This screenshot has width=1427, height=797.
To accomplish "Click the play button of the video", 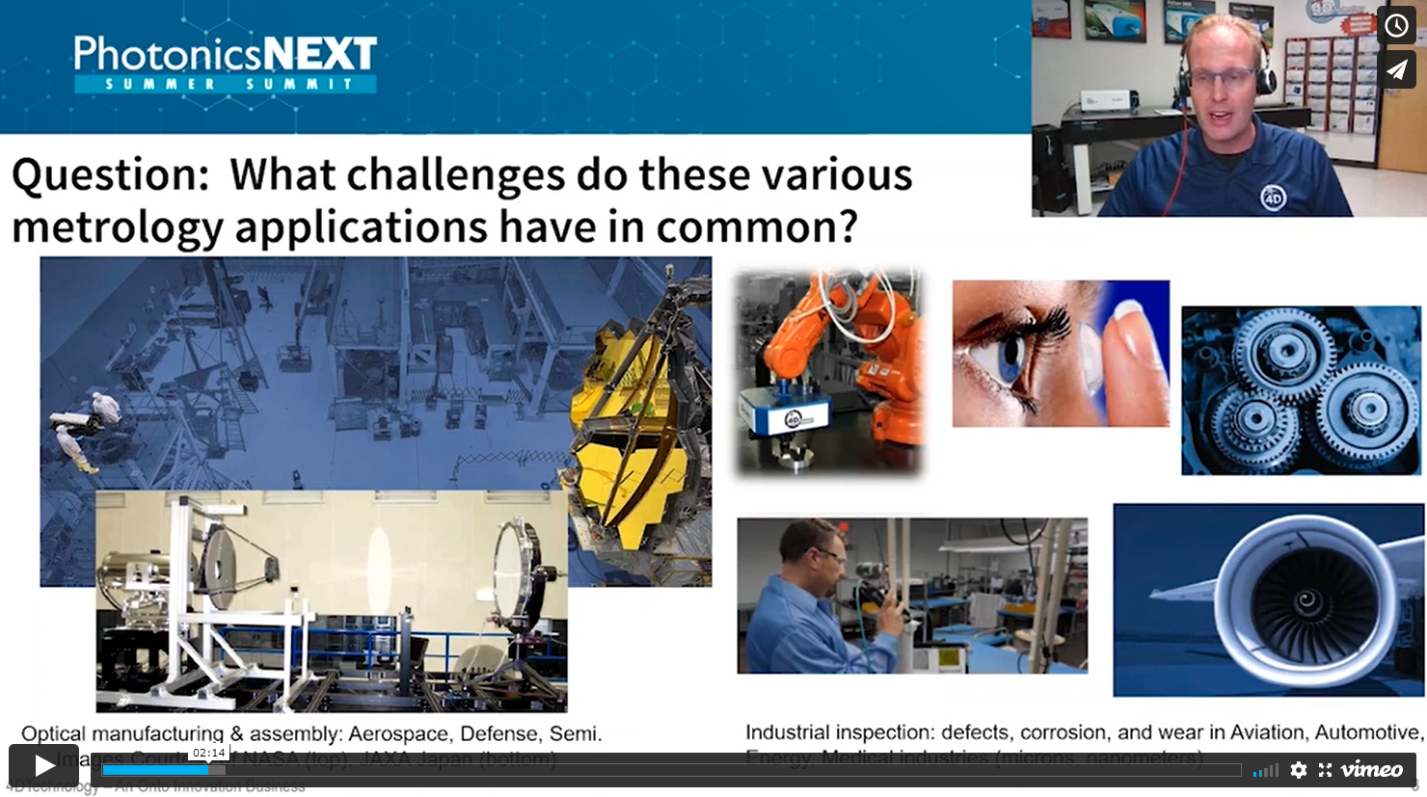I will [x=44, y=766].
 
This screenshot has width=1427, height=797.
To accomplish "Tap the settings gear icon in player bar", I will [x=1299, y=770].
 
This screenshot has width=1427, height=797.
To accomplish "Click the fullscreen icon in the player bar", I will [x=1326, y=770].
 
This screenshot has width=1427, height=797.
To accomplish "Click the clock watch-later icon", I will [x=1396, y=26].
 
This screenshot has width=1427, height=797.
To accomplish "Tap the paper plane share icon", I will [x=1396, y=70].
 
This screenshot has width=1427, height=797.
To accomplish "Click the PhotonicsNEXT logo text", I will [x=226, y=55].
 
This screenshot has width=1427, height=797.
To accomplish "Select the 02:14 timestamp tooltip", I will [x=208, y=753].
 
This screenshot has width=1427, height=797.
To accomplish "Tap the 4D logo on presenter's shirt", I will [x=1274, y=198].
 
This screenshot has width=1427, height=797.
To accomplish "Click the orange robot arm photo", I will [x=829, y=371].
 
